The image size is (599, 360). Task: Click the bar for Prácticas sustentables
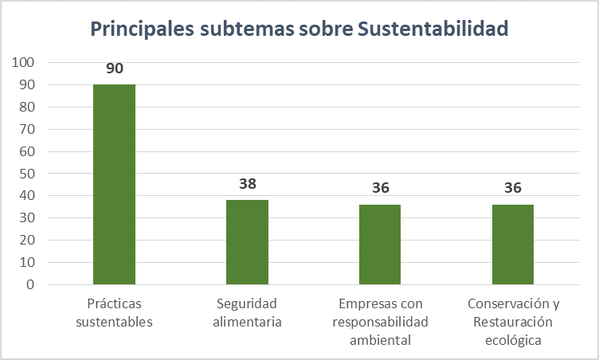pos(114,184)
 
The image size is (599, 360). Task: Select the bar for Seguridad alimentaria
pos(247,242)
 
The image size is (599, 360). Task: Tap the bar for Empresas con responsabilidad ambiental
pos(380,245)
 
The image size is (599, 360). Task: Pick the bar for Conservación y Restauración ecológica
pos(513,245)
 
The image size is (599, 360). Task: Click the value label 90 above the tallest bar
pos(115,68)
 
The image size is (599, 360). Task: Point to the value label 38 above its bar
pos(248,184)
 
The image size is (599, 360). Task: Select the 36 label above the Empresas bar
pos(380,188)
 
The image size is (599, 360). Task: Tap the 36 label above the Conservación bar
pos(513,188)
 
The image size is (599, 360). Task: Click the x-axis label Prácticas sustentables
pos(115,312)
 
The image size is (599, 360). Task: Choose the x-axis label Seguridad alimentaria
pos(247,312)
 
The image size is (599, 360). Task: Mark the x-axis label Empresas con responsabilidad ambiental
pos(380,322)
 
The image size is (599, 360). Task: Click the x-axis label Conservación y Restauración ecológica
pos(513,322)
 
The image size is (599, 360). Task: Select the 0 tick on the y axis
pos(29,284)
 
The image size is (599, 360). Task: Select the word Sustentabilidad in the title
pos(433,29)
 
